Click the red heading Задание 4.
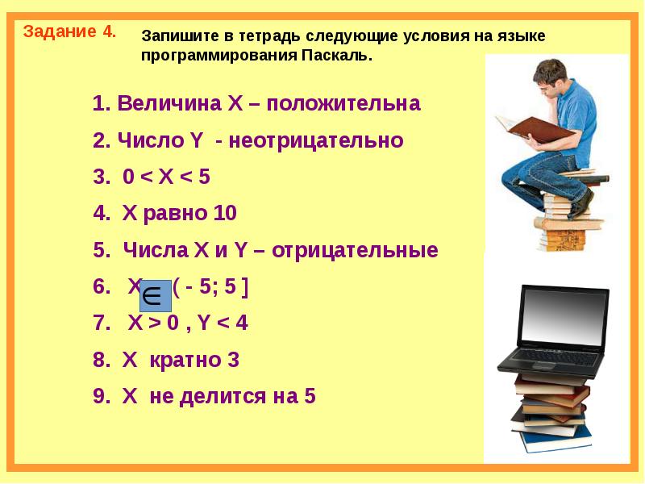coord(69,32)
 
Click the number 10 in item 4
coord(225,214)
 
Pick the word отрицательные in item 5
coord(356,250)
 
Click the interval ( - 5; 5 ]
coord(210,287)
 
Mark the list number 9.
coord(99,396)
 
